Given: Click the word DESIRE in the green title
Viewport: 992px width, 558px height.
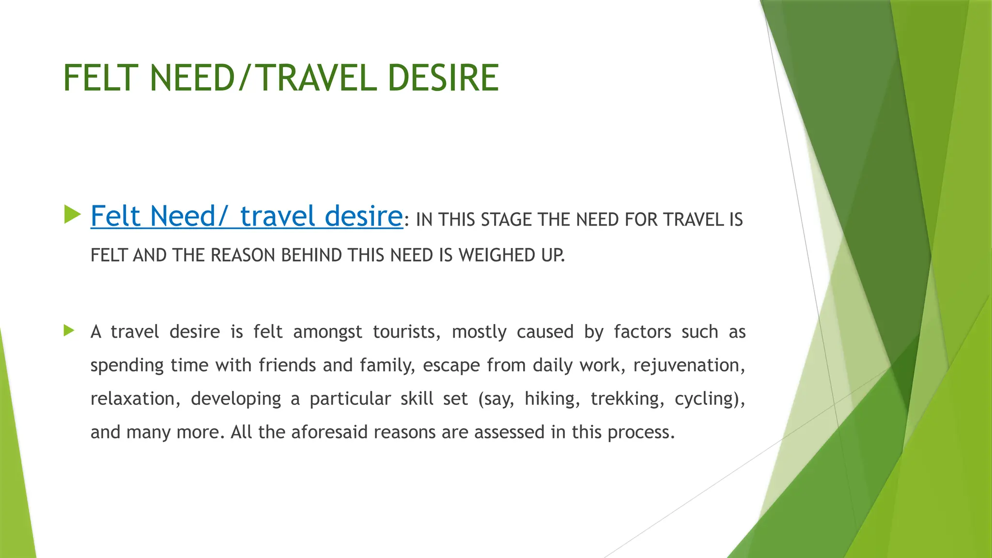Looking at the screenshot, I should coord(443,78).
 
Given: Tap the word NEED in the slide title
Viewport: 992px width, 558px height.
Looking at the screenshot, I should coord(192,78).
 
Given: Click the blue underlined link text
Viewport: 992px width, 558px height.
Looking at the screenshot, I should coord(247,216).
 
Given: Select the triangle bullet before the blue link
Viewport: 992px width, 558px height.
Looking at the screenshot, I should coord(72,215).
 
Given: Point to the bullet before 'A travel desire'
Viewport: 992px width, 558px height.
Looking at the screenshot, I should coord(69,331).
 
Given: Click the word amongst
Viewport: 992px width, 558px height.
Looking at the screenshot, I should coord(327,332).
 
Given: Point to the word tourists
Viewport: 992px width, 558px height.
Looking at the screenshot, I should coord(406,332).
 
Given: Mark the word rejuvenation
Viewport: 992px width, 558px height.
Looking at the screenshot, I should coord(688,365).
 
